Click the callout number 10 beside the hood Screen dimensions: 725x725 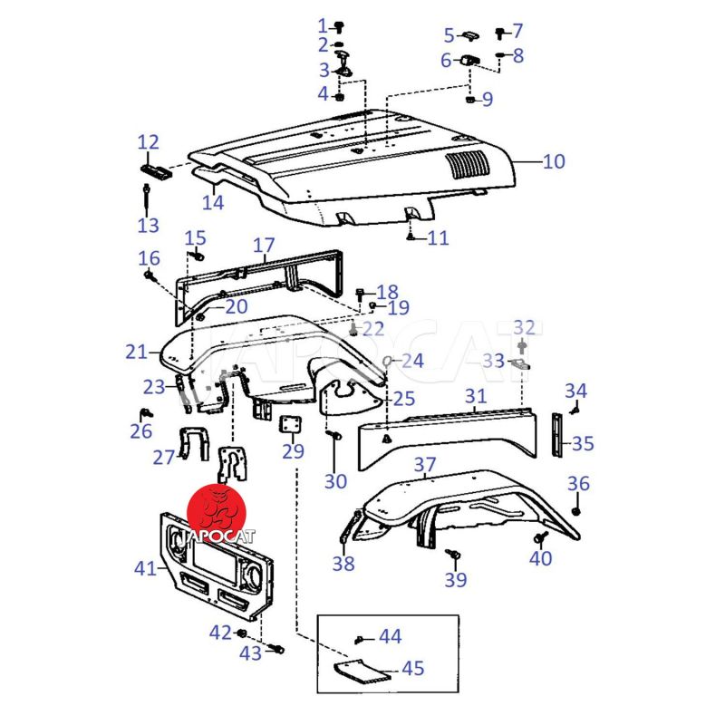click(553, 162)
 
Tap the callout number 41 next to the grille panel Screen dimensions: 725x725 click(146, 568)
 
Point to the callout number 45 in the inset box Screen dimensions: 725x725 click(412, 669)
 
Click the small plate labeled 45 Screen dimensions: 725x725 click(359, 671)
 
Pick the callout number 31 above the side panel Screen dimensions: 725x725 click(476, 396)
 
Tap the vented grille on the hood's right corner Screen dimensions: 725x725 click(469, 164)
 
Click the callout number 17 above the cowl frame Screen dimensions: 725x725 click(263, 245)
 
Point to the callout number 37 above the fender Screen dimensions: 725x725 click(425, 466)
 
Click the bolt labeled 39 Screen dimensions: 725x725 click(455, 551)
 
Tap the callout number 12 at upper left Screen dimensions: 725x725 click(148, 142)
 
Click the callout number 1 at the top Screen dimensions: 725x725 click(322, 24)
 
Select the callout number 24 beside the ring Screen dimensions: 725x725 click(412, 361)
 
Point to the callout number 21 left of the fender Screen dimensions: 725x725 click(136, 351)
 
